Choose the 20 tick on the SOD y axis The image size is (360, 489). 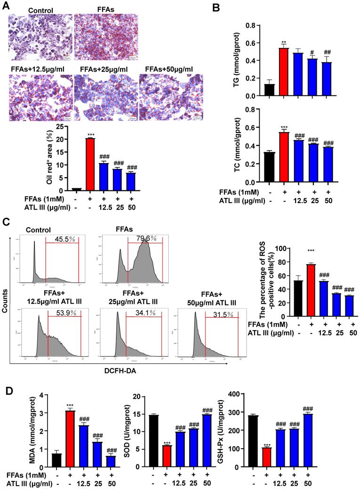[x=141, y=394]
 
